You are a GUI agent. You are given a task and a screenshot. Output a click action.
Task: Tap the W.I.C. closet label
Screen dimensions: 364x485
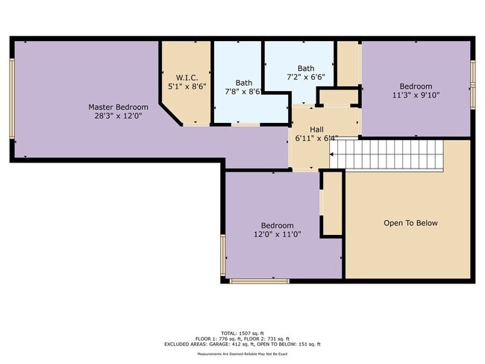186,78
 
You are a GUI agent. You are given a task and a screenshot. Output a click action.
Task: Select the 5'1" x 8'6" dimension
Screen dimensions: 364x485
186,87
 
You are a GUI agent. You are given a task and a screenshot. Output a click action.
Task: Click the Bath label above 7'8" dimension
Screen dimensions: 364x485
244,83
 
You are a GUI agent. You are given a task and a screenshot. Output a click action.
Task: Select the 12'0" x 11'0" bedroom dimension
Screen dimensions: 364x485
277,235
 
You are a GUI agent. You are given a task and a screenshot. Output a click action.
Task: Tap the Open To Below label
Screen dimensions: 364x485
410,223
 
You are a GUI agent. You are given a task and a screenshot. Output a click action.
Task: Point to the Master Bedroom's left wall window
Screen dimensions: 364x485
12,98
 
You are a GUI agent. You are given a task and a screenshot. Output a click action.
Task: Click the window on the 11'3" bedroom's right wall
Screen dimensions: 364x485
473,83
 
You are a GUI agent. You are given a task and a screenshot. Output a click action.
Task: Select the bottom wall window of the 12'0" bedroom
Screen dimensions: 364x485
259,281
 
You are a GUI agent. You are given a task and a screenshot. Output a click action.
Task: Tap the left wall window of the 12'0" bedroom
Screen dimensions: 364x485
223,255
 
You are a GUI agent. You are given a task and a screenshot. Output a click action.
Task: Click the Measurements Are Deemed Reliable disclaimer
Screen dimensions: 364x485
242,354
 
